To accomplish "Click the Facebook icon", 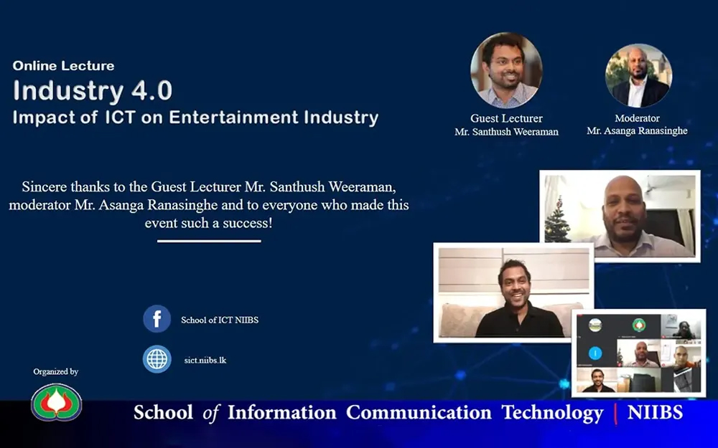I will coord(157,319).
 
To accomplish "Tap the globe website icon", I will coord(157,359).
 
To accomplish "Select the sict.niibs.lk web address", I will coord(206,360).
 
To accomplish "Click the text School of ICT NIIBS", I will coord(220,320).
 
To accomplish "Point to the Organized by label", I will coord(55,371).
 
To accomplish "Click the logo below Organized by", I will coord(56,401).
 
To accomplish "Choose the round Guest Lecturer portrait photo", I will coord(506,70).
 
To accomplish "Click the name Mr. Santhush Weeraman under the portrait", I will coord(506,132).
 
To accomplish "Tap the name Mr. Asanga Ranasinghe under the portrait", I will coord(637,130).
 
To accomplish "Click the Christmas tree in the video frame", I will coord(557,219).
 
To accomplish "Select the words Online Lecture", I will coord(63,66).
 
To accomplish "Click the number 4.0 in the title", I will coord(151,91).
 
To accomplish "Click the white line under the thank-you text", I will coord(209,241).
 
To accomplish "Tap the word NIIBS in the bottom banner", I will coord(655,413).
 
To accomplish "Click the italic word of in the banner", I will coord(210,414).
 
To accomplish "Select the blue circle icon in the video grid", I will coord(595,353).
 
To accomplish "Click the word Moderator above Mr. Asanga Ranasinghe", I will coord(637,118).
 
